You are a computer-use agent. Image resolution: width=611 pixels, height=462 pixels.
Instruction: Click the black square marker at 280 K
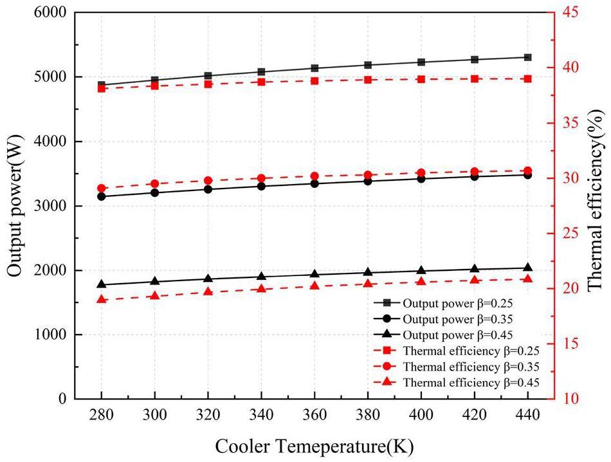tap(102, 85)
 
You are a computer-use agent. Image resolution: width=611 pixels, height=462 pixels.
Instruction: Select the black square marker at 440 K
tap(527, 57)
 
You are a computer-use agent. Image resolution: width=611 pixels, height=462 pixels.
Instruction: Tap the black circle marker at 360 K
tap(315, 183)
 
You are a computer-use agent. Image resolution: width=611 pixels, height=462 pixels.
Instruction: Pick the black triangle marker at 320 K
tap(208, 279)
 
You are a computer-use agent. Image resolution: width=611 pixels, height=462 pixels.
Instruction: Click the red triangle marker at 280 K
tap(102, 299)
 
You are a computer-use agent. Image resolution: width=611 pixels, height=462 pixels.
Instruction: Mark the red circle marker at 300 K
tap(155, 183)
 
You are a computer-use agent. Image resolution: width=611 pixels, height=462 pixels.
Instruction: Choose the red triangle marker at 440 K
tap(527, 279)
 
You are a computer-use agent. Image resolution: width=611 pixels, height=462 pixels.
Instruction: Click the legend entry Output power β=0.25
tap(457, 302)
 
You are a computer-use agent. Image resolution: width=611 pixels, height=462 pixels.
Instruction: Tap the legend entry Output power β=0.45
tap(457, 335)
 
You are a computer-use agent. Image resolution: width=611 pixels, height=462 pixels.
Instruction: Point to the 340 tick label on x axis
tap(261, 416)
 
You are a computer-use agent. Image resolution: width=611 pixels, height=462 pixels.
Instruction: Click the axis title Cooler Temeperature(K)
tap(314, 445)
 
